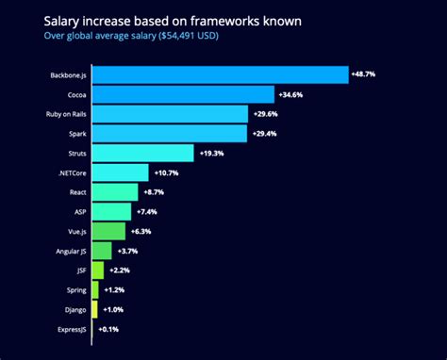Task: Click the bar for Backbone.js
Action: pos(220,74)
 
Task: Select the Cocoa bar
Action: pos(183,94)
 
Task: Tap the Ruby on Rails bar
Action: pos(170,114)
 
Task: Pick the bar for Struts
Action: pos(142,153)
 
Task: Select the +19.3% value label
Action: pos(213,153)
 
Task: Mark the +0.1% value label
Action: pos(109,329)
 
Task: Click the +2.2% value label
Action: pos(121,270)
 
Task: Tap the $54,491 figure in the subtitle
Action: pos(175,37)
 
